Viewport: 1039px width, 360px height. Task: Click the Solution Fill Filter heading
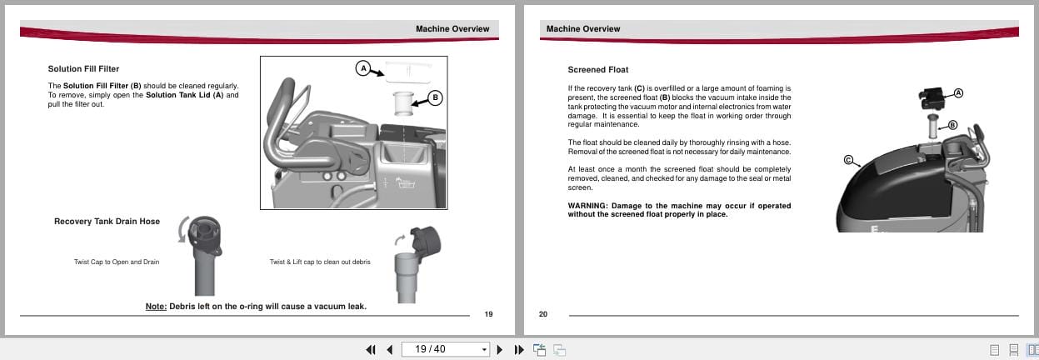(89, 69)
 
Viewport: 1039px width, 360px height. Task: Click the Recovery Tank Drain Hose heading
(107, 221)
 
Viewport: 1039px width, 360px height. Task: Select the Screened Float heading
(598, 70)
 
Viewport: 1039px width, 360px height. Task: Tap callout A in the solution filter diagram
(362, 68)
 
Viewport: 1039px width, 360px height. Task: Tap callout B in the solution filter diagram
(435, 97)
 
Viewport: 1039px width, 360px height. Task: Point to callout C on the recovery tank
(849, 160)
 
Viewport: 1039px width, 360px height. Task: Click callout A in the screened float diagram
(958, 92)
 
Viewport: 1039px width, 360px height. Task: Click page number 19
(488, 314)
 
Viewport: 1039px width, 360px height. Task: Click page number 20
(543, 314)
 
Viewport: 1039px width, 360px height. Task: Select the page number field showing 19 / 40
(442, 349)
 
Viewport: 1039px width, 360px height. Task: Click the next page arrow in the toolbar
(500, 349)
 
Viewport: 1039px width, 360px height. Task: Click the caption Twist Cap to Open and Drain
(117, 262)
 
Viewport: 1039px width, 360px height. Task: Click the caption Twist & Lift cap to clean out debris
(320, 262)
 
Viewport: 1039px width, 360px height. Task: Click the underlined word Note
(156, 306)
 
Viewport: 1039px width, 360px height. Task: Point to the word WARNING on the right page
(587, 206)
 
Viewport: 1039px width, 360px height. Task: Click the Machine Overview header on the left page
(452, 29)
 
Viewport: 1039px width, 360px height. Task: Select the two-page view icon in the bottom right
(1032, 349)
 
